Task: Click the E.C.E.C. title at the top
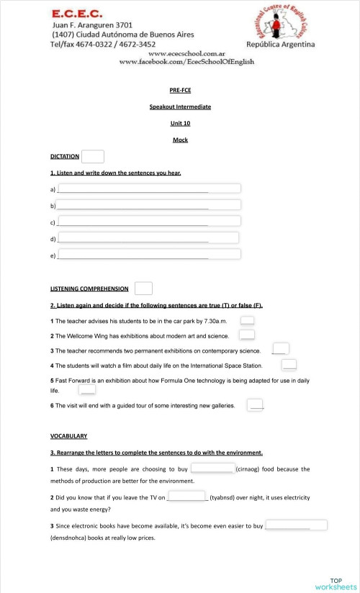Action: pyautogui.click(x=77, y=13)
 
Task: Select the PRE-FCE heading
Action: pyautogui.click(x=180, y=90)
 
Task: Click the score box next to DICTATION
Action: pyautogui.click(x=93, y=156)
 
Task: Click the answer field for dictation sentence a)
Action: pyautogui.click(x=149, y=189)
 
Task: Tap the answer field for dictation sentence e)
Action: pyautogui.click(x=149, y=254)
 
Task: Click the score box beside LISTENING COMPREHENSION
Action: pyautogui.click(x=143, y=288)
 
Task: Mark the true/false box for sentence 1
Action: pyautogui.click(x=247, y=320)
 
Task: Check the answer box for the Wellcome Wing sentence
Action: pyautogui.click(x=247, y=335)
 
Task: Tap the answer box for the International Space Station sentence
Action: pyautogui.click(x=289, y=365)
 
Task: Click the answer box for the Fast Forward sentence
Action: pyautogui.click(x=87, y=389)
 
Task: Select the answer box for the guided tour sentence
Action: pyautogui.click(x=255, y=405)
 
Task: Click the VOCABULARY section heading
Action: pyautogui.click(x=68, y=435)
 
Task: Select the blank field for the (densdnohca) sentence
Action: pyautogui.click(x=296, y=525)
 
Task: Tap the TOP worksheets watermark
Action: pyautogui.click(x=336, y=584)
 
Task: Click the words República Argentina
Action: pyautogui.click(x=280, y=45)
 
